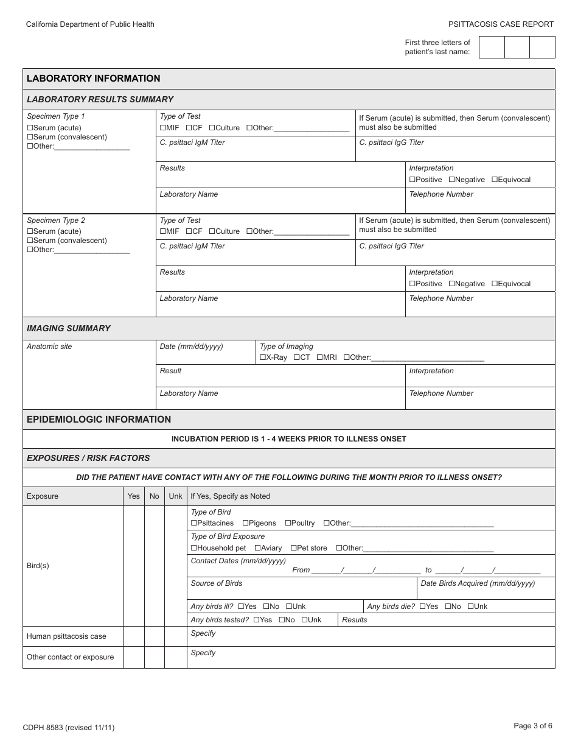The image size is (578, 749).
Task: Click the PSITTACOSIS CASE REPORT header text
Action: click(501, 24)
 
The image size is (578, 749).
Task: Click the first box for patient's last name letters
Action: click(492, 47)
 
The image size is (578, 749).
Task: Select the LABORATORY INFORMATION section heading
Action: click(94, 79)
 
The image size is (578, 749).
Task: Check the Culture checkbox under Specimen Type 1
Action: click(212, 128)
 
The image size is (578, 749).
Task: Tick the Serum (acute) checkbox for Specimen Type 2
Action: click(30, 231)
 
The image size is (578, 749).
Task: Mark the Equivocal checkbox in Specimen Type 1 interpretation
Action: click(495, 180)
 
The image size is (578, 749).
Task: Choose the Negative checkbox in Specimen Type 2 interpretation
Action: click(452, 284)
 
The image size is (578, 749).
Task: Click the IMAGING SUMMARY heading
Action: click(69, 328)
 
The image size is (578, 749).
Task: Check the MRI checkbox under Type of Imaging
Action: click(320, 357)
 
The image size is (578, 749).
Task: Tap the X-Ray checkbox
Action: click(263, 357)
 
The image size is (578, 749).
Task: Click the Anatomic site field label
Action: click(49, 346)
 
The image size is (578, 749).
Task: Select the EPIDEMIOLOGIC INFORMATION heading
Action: click(99, 420)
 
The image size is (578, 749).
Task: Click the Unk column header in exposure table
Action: click(175, 496)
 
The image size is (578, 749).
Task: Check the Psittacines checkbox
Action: click(194, 523)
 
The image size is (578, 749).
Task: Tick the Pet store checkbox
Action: click(293, 548)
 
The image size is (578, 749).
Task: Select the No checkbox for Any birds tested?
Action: click(282, 620)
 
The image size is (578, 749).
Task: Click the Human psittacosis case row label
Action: click(66, 636)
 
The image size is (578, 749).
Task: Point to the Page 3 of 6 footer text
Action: click(533, 726)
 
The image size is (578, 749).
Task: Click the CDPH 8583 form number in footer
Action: click(68, 727)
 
